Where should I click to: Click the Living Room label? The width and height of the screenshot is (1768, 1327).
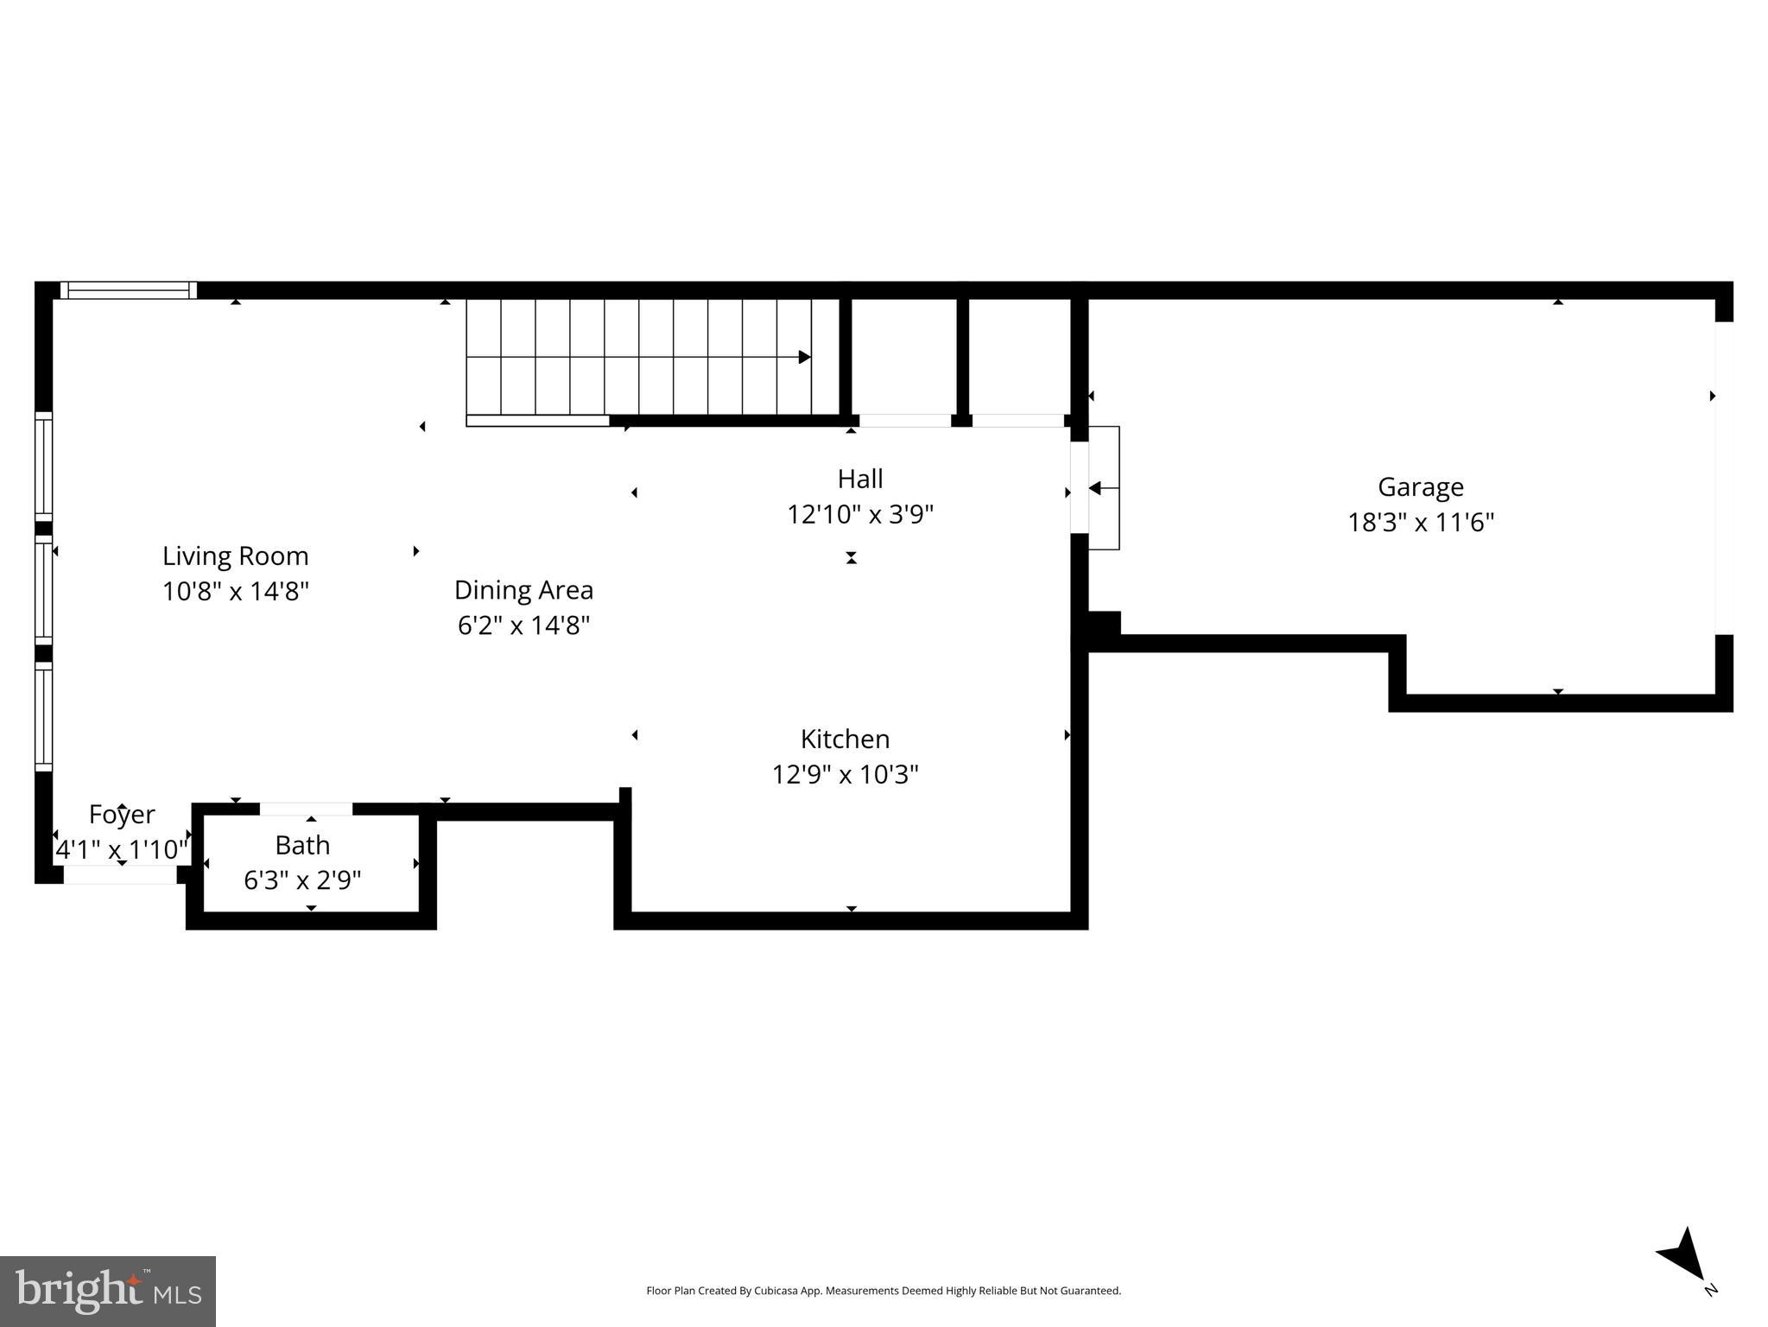235,556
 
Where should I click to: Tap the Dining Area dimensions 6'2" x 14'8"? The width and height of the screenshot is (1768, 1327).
523,625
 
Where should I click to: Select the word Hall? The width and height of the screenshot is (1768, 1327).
859,479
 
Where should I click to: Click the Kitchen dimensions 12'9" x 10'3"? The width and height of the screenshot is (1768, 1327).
845,774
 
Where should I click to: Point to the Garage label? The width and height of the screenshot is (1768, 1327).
1420,487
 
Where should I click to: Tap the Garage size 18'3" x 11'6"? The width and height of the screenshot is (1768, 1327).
1420,523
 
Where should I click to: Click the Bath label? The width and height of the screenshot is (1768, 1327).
302,845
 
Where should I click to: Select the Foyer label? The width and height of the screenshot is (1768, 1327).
122,814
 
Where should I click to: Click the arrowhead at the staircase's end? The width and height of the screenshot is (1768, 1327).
804,357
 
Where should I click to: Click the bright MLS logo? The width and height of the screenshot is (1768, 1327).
108,1291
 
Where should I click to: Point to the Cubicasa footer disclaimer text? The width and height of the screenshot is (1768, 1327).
883,1291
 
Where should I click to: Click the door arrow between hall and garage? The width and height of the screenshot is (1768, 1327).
1096,489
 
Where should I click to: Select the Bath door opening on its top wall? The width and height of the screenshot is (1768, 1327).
306,809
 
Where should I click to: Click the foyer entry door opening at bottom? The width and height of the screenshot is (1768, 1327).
120,875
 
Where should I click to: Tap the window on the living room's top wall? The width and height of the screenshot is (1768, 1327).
129,290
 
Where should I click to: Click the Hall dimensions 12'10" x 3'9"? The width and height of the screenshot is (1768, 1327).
859,515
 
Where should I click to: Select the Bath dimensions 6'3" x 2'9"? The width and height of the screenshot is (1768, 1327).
302,880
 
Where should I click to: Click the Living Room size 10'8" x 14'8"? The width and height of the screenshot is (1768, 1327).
235,592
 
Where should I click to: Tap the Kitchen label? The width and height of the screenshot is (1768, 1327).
845,739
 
